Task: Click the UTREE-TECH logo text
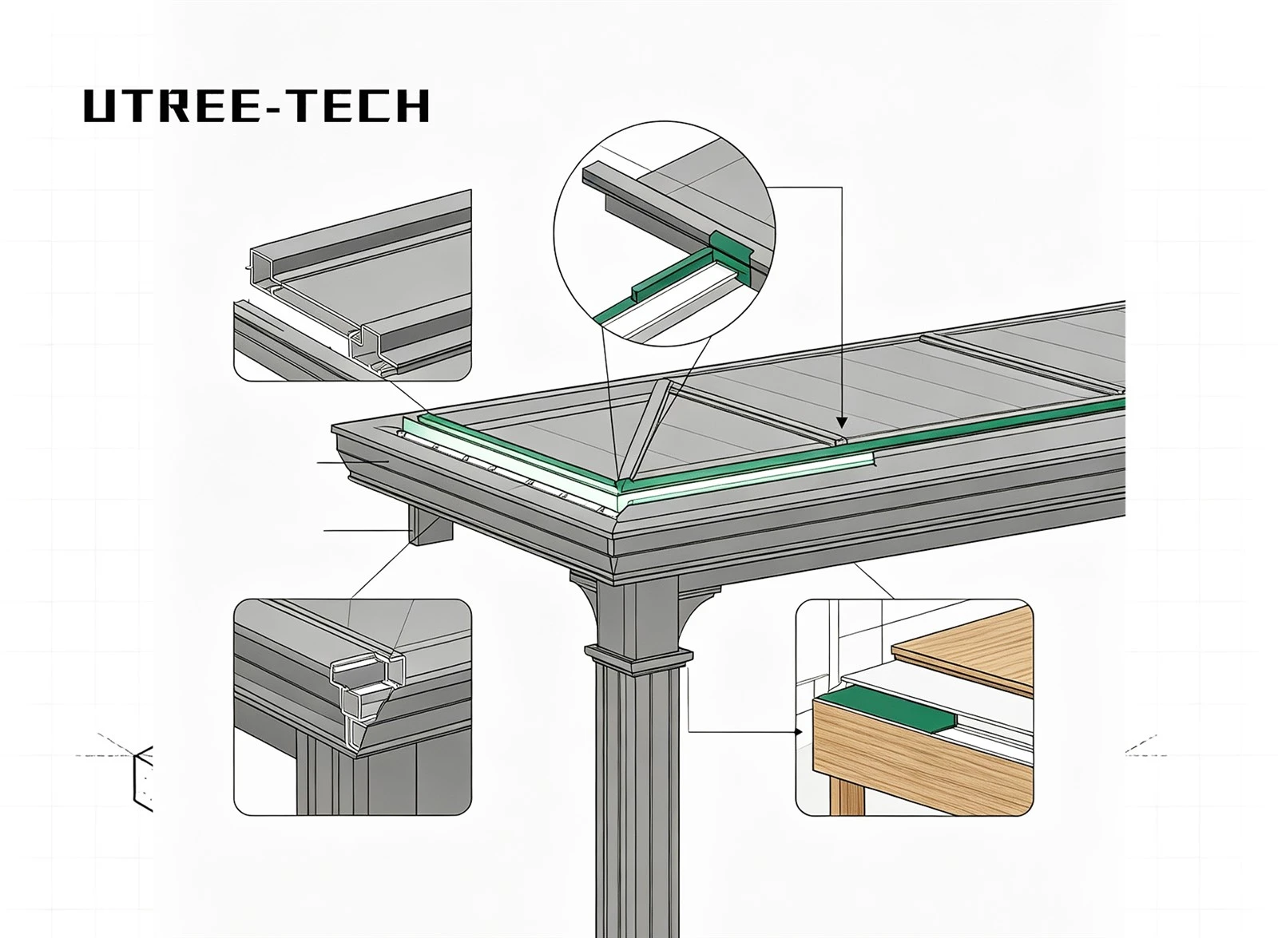click(256, 105)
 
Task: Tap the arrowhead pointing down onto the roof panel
click(842, 422)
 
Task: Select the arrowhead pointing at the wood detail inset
click(799, 731)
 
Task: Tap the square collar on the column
click(638, 657)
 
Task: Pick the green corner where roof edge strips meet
click(619, 486)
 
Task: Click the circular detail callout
click(664, 234)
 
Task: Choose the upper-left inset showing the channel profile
click(352, 285)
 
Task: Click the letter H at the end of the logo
click(415, 106)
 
